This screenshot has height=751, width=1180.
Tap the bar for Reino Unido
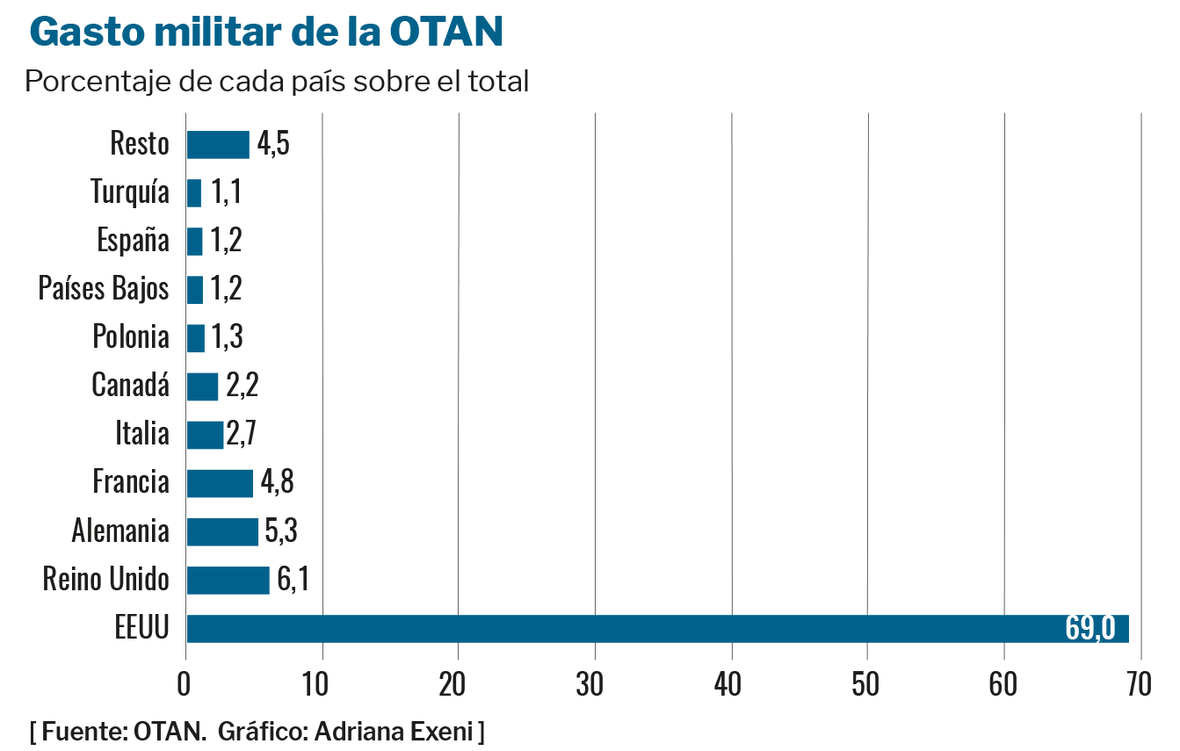pos(228,581)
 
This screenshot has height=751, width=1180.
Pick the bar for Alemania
pos(222,531)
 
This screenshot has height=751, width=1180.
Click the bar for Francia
pos(220,483)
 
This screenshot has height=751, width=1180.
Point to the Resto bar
pos(218,144)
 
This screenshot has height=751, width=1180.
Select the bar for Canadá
pos(202,386)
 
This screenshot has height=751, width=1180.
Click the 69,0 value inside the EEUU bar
pos(1090,629)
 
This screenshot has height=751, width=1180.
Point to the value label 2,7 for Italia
pos(241,435)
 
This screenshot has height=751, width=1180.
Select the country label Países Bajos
pos(104,289)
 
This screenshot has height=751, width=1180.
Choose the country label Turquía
pos(130,192)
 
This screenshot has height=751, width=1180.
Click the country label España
pos(134,241)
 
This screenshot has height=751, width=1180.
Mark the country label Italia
pos(142,434)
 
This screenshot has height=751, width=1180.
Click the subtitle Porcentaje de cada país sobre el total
pos(278,83)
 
